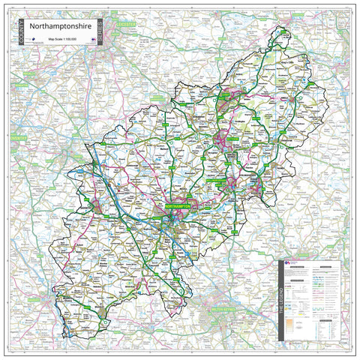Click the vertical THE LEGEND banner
coord(282,300)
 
